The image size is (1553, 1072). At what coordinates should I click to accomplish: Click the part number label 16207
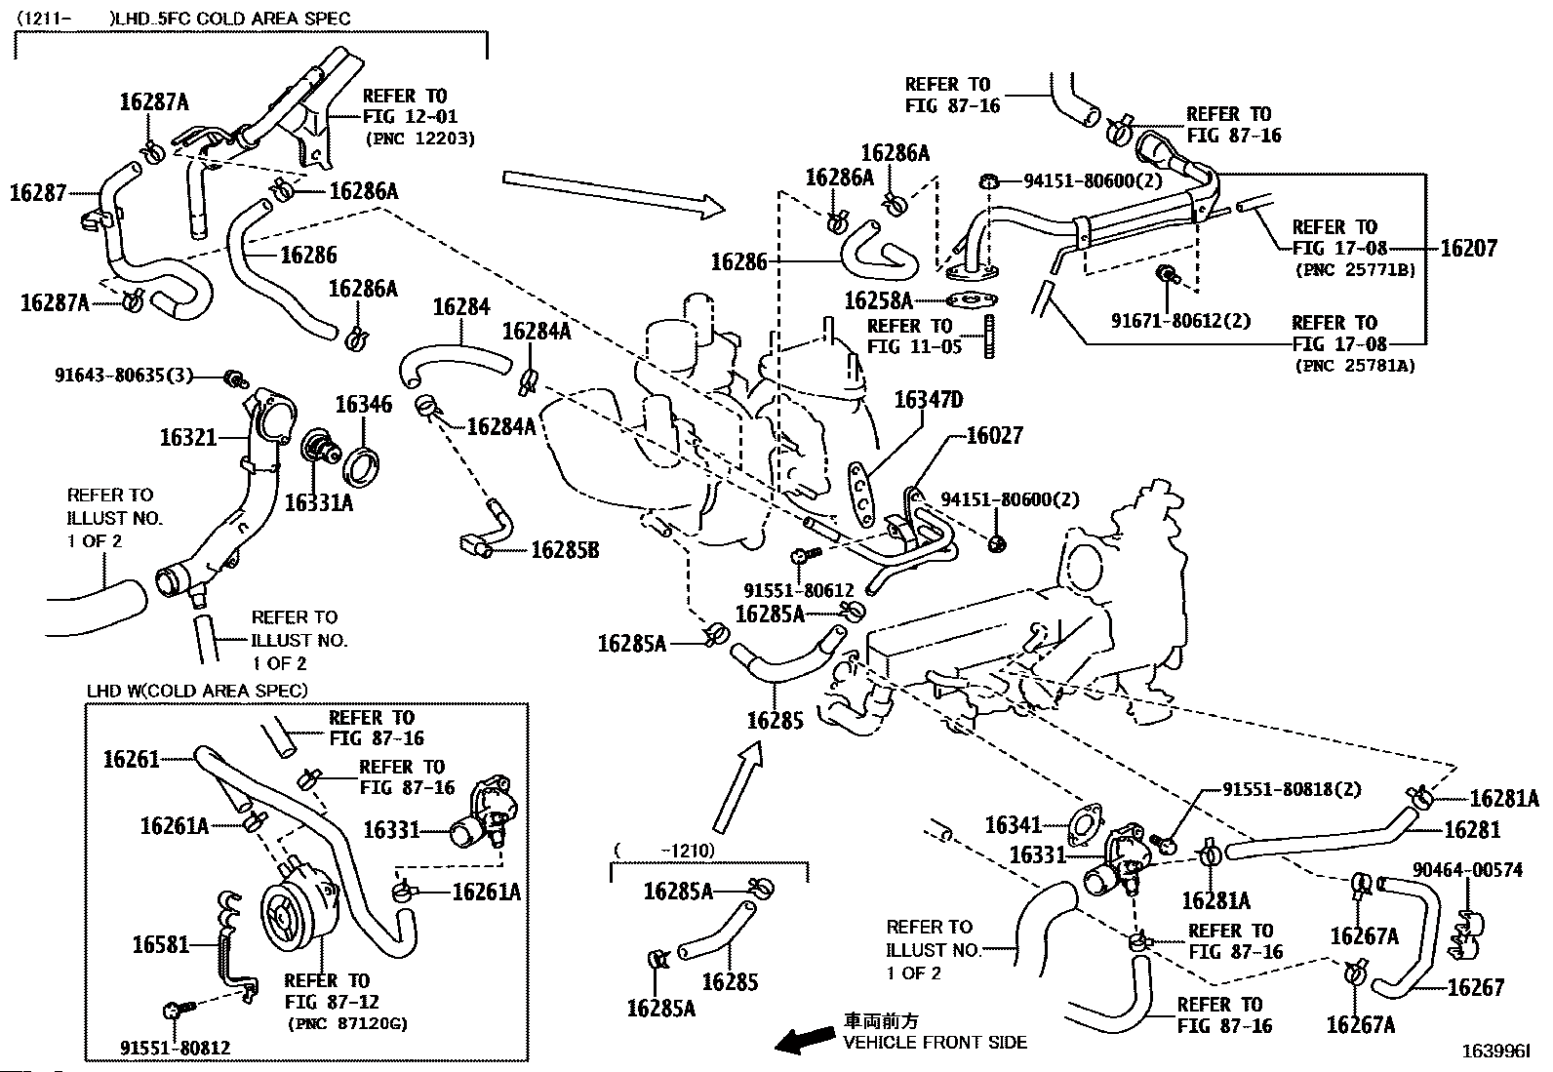[x=1468, y=248]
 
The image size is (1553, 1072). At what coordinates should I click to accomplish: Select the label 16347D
[x=928, y=400]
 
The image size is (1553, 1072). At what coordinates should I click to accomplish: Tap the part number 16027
[x=994, y=436]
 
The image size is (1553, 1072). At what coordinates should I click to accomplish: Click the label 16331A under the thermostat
[x=319, y=502]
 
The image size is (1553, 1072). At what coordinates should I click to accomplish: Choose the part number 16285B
[x=565, y=551]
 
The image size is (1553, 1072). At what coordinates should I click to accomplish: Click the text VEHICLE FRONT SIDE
[x=935, y=1043]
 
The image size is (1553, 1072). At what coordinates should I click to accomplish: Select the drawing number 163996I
[x=1495, y=1052]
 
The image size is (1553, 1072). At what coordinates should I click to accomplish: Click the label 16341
[x=1015, y=825]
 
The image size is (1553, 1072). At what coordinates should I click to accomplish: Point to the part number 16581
[x=161, y=944]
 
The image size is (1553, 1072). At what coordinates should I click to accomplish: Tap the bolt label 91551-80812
[x=176, y=1048]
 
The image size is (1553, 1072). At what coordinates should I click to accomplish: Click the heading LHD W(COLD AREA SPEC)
[x=197, y=691]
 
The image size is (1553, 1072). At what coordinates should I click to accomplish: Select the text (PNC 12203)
[x=420, y=139]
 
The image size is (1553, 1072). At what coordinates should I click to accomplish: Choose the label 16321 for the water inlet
[x=188, y=438]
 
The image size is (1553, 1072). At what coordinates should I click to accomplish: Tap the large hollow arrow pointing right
[x=615, y=191]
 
